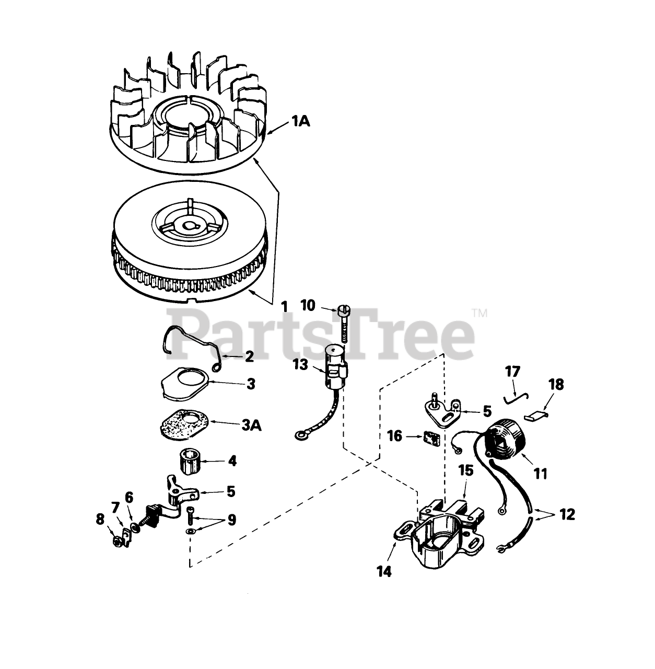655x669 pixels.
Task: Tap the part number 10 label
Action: click(x=308, y=305)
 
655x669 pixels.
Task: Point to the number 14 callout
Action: click(x=384, y=571)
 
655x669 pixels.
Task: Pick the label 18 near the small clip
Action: click(x=556, y=385)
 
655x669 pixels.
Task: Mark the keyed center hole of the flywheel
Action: click(x=187, y=211)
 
